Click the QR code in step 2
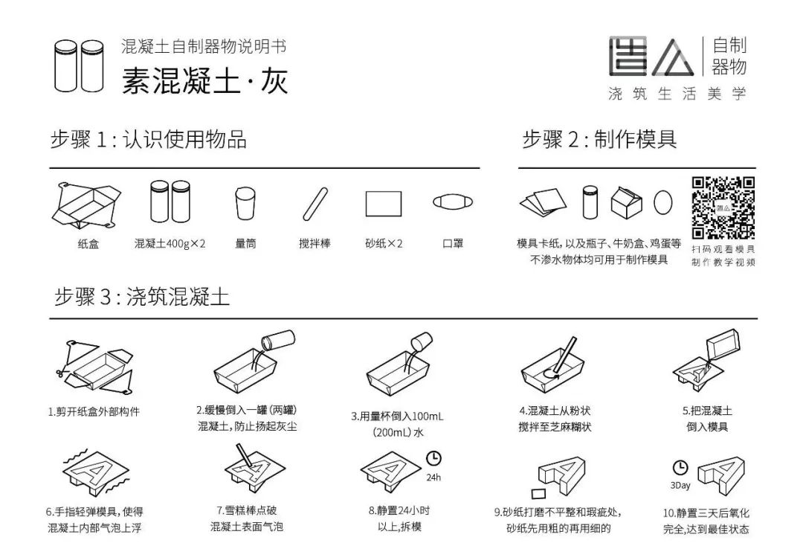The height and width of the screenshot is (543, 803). (723, 208)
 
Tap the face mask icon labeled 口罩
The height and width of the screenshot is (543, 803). (453, 202)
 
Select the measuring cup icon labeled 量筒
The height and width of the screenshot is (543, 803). (245, 203)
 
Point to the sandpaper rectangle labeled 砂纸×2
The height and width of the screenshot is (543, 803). (384, 203)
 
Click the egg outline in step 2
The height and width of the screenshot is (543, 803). (663, 202)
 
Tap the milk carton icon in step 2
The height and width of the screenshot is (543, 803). (627, 201)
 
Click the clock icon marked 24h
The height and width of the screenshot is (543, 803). (433, 457)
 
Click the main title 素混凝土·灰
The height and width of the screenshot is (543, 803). (204, 80)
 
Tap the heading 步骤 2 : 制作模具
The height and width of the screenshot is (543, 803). (599, 139)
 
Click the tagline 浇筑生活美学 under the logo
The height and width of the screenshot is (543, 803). (677, 94)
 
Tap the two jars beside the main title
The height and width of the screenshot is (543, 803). (78, 65)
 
